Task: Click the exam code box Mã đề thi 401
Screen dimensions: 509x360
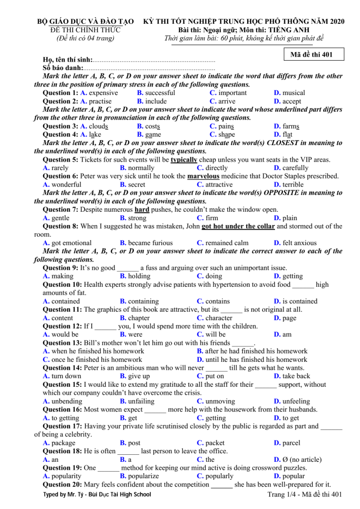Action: coord(311,55)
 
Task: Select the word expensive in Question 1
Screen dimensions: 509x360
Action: coord(103,93)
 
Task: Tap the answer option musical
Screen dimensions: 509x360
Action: coord(294,93)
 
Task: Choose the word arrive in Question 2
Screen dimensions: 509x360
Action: coord(227,101)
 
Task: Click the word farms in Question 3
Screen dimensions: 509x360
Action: coord(291,126)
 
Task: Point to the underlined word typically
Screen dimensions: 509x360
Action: coord(184,160)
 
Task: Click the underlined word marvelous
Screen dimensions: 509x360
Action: coord(203,176)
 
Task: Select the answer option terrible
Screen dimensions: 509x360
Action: coord(293,185)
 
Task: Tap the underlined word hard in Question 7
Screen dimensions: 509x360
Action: coord(142,210)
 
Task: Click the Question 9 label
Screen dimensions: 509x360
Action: coord(60,268)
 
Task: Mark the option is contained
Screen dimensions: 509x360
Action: coord(300,301)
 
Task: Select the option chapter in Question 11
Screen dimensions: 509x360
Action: coord(139,318)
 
